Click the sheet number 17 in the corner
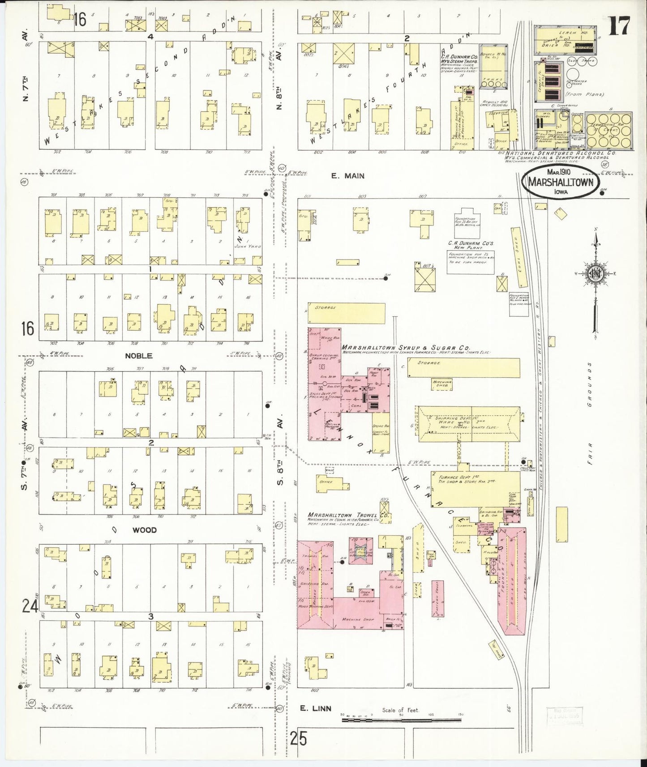tap(619, 26)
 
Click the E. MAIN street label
tap(347, 176)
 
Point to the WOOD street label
tap(145, 530)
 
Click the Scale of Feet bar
tap(401, 720)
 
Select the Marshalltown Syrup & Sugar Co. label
tap(405, 347)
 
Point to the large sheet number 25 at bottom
tap(298, 738)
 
